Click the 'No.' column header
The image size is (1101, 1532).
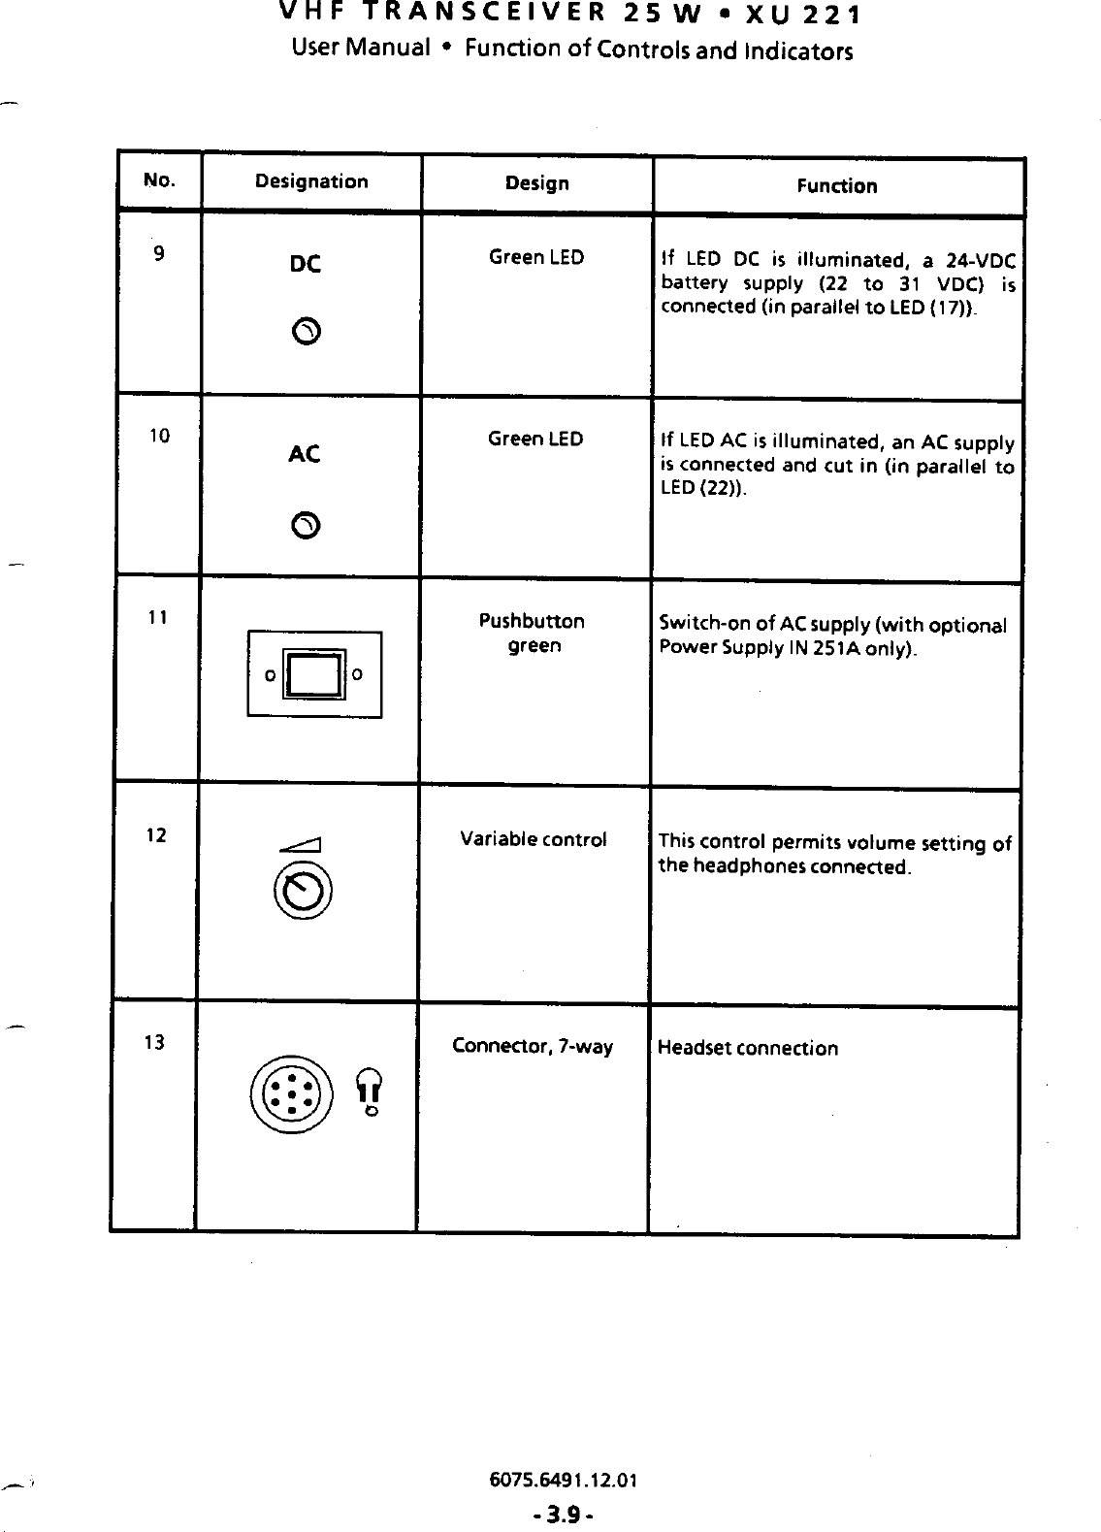click(x=159, y=180)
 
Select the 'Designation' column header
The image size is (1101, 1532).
click(x=311, y=181)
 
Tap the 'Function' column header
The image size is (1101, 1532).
click(x=837, y=186)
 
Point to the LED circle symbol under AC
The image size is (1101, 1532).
click(x=305, y=525)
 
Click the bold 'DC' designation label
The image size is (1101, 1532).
click(x=306, y=264)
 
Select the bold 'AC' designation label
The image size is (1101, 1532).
click(x=305, y=454)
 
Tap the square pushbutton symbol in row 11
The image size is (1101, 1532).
click(x=314, y=673)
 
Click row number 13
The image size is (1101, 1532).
click(x=153, y=1043)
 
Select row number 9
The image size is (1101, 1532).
click(x=158, y=254)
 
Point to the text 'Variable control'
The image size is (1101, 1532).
click(x=534, y=839)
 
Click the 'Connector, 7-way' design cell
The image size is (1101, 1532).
click(x=533, y=1047)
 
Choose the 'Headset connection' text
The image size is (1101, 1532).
click(x=748, y=1048)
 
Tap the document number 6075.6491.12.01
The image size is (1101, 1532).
click(x=564, y=1481)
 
